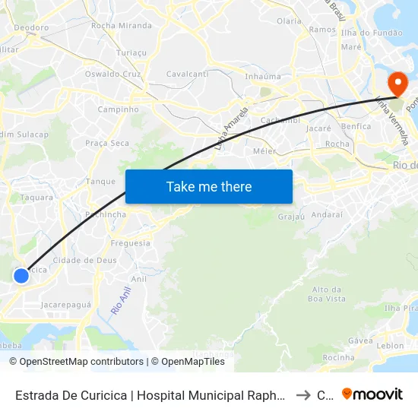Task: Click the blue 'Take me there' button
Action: click(209, 186)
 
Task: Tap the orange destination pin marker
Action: click(396, 85)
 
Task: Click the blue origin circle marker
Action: click(21, 276)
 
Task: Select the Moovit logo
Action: click(372, 394)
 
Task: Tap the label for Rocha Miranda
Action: click(121, 25)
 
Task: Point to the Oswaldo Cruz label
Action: click(113, 74)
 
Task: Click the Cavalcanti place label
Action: click(187, 74)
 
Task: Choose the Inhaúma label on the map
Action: click(264, 77)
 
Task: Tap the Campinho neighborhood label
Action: click(119, 109)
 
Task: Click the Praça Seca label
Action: click(107, 143)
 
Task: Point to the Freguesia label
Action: click(130, 243)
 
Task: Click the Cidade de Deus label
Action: click(84, 260)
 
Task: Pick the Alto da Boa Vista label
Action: click(329, 294)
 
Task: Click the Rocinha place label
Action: click(339, 357)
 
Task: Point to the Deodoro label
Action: click(31, 27)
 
